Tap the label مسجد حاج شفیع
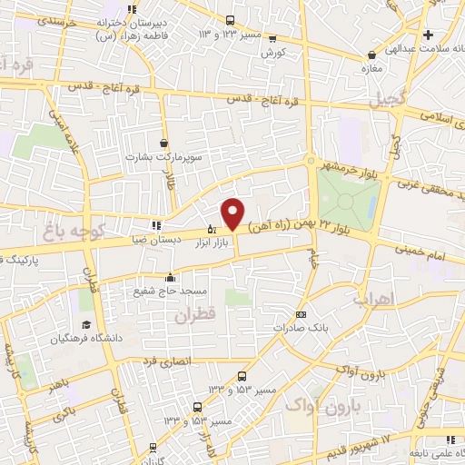pyautogui.click(x=169, y=291)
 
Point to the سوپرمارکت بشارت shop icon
pyautogui.click(x=163, y=143)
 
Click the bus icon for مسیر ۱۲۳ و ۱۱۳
pyautogui.click(x=231, y=20)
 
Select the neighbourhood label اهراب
pyautogui.click(x=372, y=299)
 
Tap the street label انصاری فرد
pyautogui.click(x=165, y=361)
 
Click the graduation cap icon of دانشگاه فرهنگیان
pyautogui.click(x=86, y=324)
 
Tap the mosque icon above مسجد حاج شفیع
pyautogui.click(x=169, y=277)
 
